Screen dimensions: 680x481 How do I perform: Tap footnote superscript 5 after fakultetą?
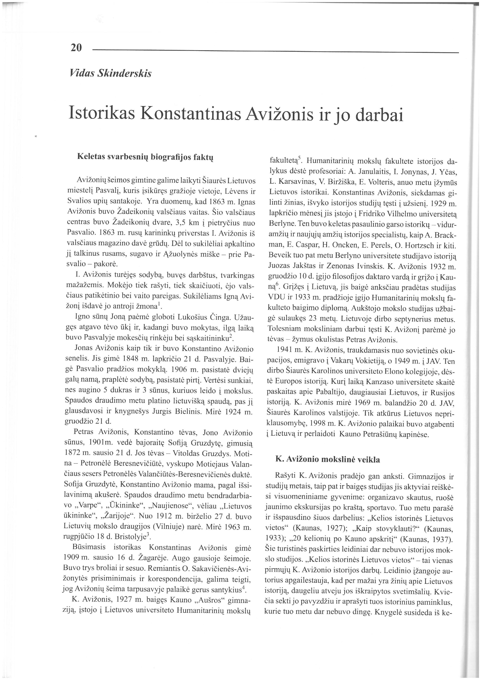[299, 159]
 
